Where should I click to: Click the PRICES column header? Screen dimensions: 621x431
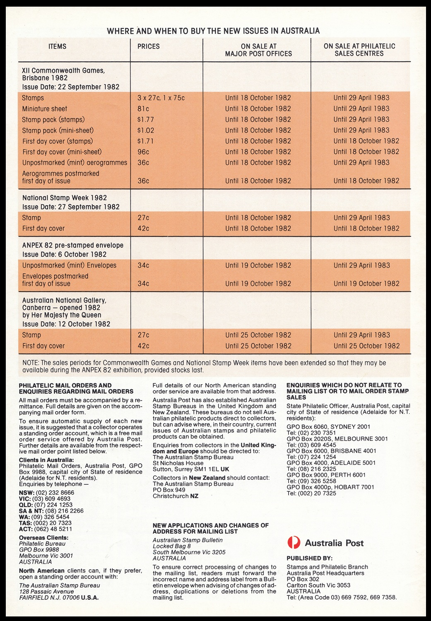148,46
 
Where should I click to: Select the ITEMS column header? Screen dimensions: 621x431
57,46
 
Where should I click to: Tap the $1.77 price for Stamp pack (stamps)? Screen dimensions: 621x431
146,120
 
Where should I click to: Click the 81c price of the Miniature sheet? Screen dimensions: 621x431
143,109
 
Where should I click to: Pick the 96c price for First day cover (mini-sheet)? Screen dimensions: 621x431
143,152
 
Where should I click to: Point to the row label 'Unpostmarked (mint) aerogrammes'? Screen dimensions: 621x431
75,163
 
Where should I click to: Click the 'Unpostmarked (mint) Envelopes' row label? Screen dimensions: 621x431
69,265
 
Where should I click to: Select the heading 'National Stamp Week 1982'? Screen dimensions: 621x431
64,198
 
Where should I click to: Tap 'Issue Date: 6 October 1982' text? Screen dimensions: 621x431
64,254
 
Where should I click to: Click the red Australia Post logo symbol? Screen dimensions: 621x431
294,542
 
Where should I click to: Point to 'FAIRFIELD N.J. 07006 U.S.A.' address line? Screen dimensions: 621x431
60,597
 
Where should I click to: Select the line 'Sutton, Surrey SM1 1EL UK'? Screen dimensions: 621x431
191,469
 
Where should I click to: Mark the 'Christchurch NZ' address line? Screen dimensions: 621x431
175,496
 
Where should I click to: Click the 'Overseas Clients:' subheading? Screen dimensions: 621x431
43,538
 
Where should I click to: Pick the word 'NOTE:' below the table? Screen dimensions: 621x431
31,363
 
